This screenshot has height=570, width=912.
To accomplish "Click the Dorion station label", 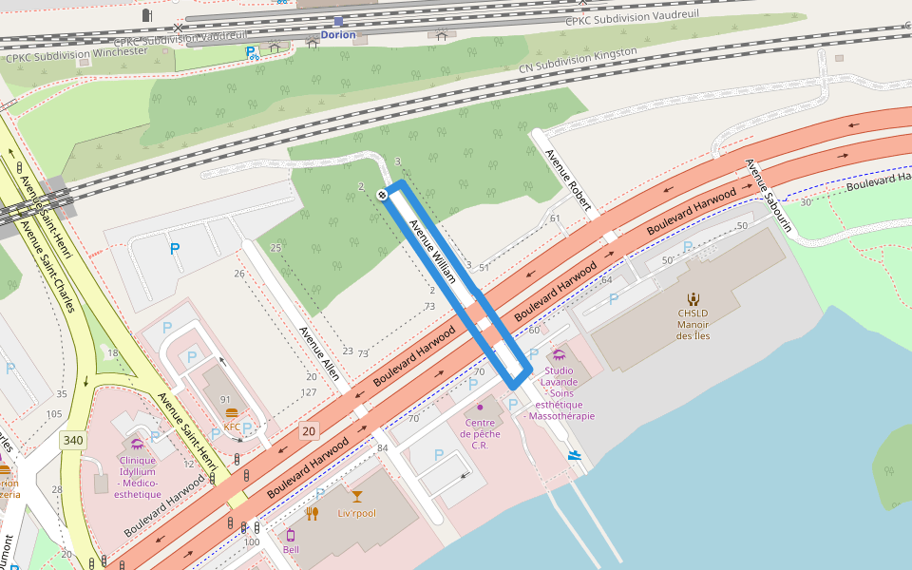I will point(338,35).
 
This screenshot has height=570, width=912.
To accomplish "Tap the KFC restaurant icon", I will point(232,413).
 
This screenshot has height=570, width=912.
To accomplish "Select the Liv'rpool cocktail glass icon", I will point(357,496).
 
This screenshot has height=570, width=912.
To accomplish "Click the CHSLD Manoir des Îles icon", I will point(693,297).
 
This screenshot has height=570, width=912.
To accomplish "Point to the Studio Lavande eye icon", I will point(558,354).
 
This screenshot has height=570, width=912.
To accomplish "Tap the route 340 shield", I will point(71,440).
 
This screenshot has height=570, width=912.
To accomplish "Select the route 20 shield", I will point(309,431).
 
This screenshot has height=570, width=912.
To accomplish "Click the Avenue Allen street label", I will point(319,354).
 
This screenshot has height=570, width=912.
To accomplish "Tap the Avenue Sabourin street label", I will point(769,195).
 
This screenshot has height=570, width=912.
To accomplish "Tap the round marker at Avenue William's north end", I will point(382,195).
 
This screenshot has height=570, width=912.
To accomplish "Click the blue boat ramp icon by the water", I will point(574,455).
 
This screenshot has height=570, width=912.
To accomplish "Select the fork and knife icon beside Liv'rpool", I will point(313,514).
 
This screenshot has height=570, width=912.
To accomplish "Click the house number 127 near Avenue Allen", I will point(309,392).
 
